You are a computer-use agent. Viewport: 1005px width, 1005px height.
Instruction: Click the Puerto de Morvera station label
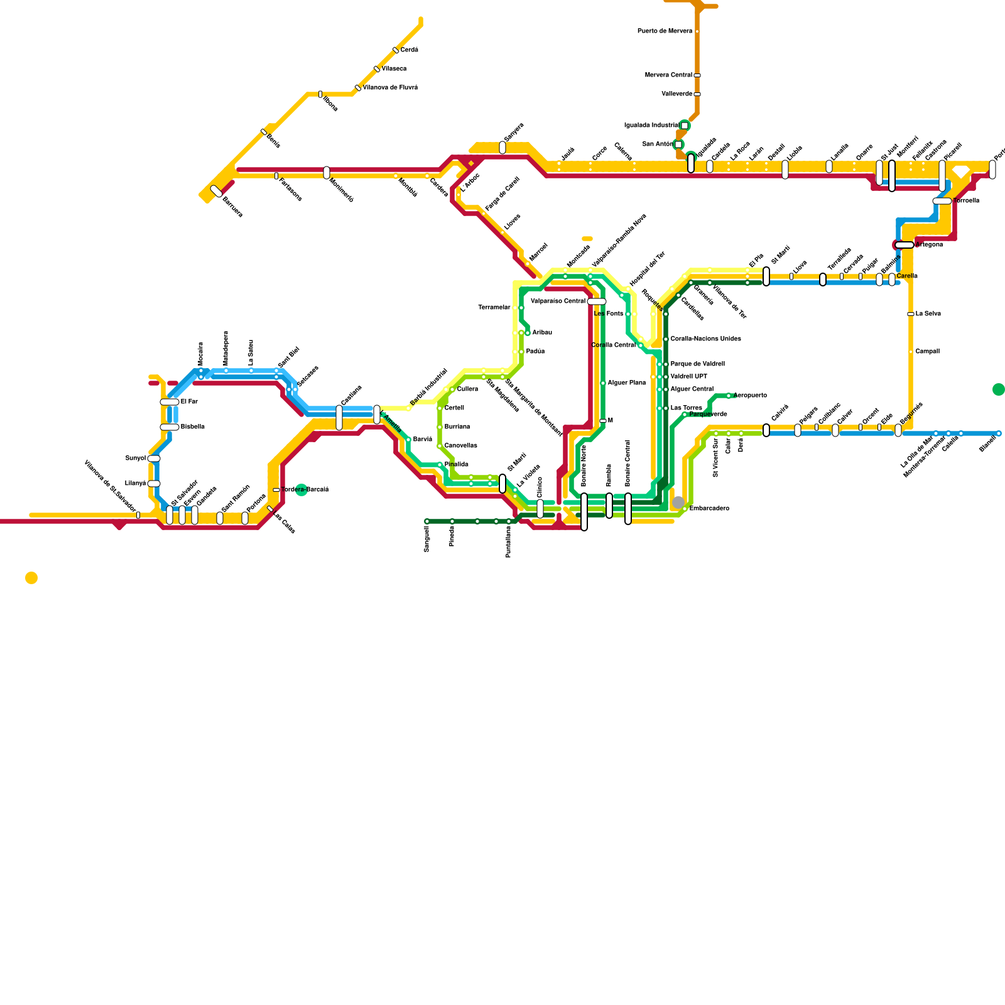[665, 31]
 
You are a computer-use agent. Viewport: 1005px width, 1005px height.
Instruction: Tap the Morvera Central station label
[668, 75]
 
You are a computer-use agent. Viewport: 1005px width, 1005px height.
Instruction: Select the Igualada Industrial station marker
[685, 126]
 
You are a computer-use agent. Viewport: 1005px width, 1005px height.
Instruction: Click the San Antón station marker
[678, 144]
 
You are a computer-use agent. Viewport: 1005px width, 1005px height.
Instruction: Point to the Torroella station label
[966, 201]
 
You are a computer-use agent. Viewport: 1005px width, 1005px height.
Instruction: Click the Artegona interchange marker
[905, 245]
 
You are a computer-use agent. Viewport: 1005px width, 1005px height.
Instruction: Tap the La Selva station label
[928, 314]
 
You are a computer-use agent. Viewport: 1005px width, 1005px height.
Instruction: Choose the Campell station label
[927, 352]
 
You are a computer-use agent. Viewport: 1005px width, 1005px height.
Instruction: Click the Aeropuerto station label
[750, 396]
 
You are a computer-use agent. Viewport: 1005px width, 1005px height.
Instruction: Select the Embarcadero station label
[709, 509]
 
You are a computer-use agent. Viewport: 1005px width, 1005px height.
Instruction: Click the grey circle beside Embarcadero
[678, 503]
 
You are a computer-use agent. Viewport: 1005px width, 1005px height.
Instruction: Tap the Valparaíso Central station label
[558, 301]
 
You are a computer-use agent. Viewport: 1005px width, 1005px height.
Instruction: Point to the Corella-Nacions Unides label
[705, 339]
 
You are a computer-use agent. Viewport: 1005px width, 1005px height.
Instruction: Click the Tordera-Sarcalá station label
[305, 490]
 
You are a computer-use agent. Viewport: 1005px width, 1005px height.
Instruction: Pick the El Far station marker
[170, 402]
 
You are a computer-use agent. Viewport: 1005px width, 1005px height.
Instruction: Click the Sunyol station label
[135, 459]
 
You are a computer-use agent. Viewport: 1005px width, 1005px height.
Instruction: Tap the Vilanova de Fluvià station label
[390, 88]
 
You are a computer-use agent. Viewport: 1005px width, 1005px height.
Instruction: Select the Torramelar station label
[494, 308]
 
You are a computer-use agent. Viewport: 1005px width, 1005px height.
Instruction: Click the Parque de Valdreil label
[697, 364]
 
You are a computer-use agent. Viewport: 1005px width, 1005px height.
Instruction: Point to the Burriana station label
[457, 427]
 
